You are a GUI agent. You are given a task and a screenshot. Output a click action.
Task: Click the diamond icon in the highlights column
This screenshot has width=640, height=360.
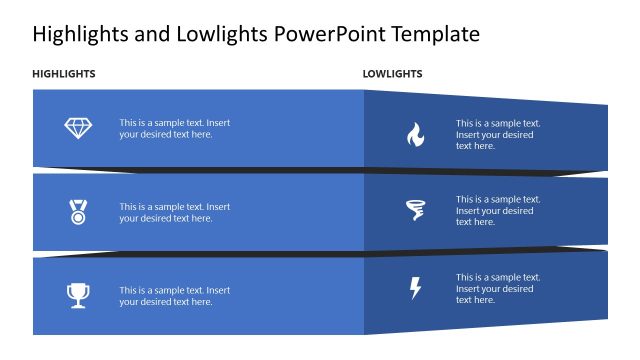coord(77,128)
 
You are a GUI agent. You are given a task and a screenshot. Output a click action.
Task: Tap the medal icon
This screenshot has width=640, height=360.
coord(77,211)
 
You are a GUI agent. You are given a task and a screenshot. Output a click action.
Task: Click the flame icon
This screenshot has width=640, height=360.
coord(415,134)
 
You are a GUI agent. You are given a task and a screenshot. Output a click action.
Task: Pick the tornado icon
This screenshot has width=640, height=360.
coord(414,210)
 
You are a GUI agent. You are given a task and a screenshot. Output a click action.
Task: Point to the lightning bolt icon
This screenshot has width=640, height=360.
coord(415,288)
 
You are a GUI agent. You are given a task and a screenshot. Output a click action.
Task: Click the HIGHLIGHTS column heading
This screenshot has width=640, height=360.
coord(64,74)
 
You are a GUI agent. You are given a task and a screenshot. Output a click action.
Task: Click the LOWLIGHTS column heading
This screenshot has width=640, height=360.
coord(392,74)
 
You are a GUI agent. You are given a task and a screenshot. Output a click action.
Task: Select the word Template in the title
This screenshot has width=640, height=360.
coord(436,35)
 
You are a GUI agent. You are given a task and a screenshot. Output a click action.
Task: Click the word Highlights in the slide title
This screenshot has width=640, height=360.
coord(77,35)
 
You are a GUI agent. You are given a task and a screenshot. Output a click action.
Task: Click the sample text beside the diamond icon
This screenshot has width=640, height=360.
coord(174,128)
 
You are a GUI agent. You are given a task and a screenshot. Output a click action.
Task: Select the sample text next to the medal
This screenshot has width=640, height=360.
coord(174,212)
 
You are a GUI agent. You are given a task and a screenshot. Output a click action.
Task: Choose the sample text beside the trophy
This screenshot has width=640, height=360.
coord(174,295)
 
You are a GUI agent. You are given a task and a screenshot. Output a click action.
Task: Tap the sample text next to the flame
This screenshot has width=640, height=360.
coord(498,134)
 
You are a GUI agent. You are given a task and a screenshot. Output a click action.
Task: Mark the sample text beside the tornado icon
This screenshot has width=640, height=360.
coord(498,210)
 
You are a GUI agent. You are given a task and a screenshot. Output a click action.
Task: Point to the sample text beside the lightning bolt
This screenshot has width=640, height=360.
coord(498,288)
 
